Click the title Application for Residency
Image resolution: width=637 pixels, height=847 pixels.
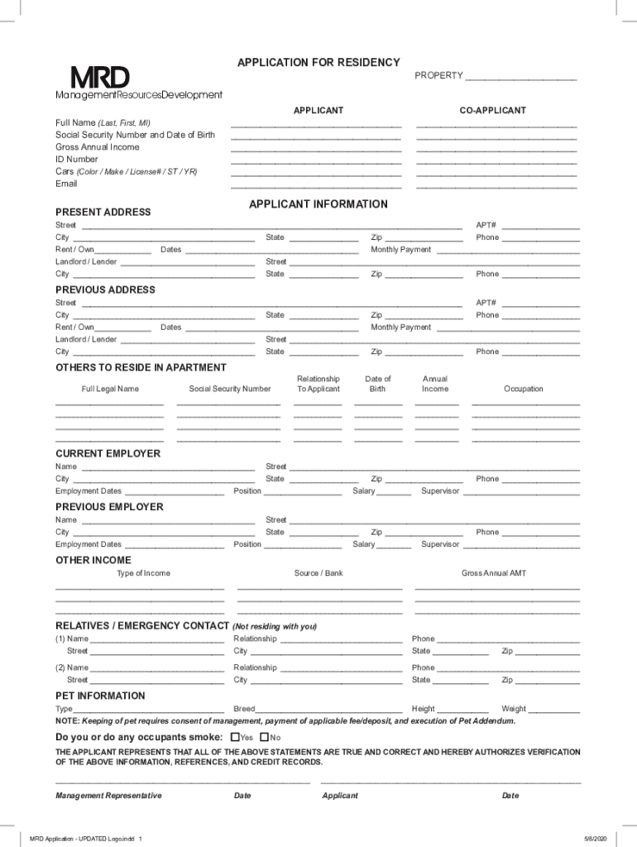click(318, 63)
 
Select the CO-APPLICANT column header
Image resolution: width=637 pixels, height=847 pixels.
click(493, 111)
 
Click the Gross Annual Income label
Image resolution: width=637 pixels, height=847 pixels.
click(98, 147)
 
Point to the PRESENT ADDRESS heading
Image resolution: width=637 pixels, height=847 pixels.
click(103, 213)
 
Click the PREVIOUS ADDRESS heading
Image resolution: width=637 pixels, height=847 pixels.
click(105, 290)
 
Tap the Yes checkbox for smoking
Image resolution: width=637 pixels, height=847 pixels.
click(236, 737)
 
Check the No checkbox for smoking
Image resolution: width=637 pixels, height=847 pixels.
click(265, 737)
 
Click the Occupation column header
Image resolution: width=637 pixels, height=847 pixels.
click(524, 389)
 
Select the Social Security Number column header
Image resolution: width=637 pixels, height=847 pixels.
click(229, 389)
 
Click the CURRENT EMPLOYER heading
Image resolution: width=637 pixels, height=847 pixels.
click(108, 454)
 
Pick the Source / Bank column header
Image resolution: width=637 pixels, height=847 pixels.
click(318, 573)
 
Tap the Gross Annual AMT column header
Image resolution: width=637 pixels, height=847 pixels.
click(494, 573)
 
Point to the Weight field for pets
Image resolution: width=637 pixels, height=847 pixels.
click(554, 709)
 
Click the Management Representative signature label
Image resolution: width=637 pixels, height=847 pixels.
click(108, 796)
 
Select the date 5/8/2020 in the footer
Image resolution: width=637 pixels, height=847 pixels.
click(594, 838)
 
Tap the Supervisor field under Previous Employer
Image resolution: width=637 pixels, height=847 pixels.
click(521, 544)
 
